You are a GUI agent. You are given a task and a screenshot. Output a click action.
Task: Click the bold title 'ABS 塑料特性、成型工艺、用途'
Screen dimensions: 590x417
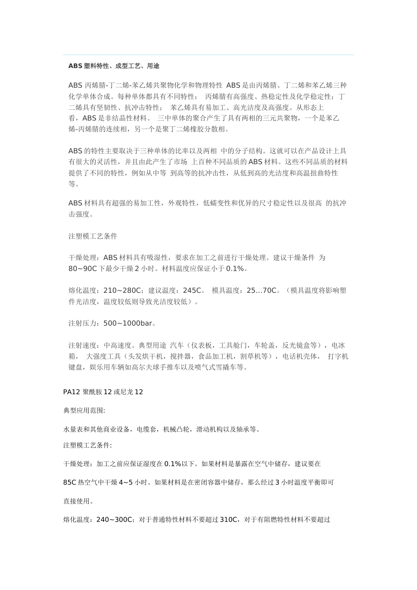[x=114, y=66]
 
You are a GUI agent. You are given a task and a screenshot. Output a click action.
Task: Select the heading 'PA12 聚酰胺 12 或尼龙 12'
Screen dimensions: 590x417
[x=103, y=392]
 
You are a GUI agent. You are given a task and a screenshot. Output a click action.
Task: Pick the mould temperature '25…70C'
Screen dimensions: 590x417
[x=262, y=291]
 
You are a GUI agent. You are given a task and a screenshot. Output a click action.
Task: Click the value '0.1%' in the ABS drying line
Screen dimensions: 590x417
[x=235, y=269]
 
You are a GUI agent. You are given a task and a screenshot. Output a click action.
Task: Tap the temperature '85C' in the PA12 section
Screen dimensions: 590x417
[x=70, y=482]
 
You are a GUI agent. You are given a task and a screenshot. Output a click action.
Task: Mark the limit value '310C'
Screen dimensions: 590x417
[x=228, y=520]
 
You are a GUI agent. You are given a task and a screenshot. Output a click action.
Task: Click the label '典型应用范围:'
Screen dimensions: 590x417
[x=84, y=410]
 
